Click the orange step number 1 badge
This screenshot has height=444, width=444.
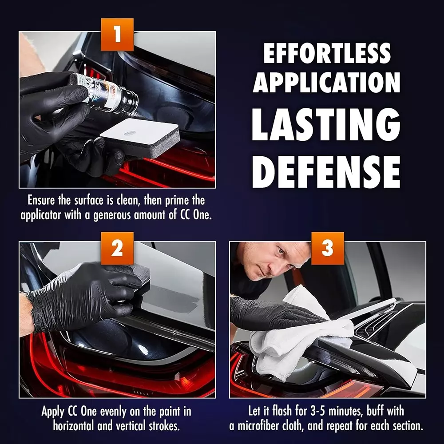pos(117,34)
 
